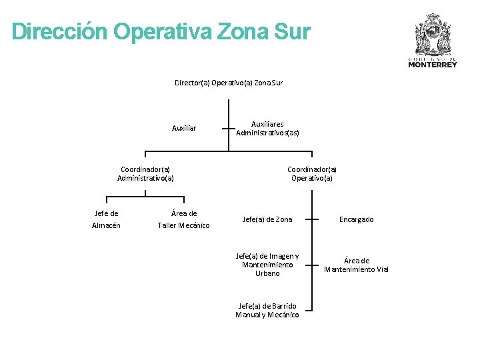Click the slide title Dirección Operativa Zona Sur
[x=161, y=31]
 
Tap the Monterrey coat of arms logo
[x=433, y=35]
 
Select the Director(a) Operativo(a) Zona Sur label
[x=229, y=83]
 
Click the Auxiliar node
[x=184, y=128]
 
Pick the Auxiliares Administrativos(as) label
[x=267, y=128]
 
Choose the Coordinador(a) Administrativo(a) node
[x=145, y=173]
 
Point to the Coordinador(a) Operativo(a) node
[x=312, y=173]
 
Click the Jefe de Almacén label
[x=107, y=219]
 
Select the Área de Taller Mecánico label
[x=183, y=219]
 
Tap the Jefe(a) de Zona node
[x=267, y=219]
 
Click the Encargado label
[x=357, y=219]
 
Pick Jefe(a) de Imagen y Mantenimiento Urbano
[x=267, y=265]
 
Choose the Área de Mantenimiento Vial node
[x=356, y=265]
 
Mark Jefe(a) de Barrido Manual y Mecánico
[x=267, y=310]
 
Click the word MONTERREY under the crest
[x=433, y=65]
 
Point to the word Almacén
[x=107, y=225]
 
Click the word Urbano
[x=267, y=273]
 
